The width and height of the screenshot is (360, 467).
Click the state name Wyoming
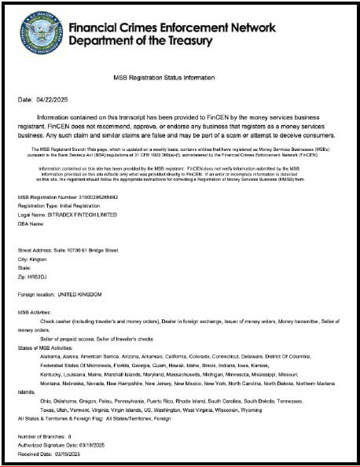click(x=251, y=410)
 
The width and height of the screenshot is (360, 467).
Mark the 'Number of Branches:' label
click(x=41, y=435)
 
